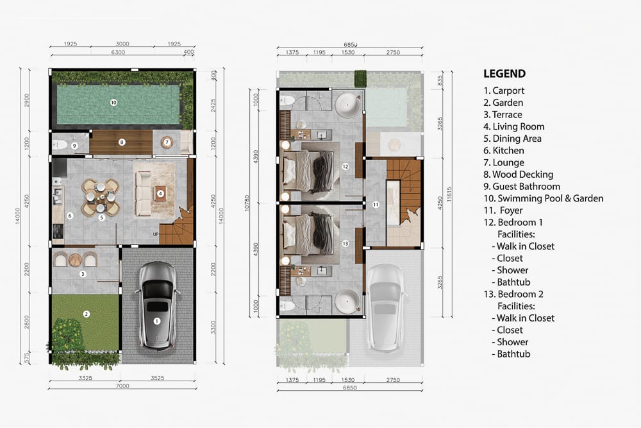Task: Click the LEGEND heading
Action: (x=504, y=74)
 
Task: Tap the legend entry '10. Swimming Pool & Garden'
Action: (x=543, y=198)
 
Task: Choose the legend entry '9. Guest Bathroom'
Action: (x=522, y=186)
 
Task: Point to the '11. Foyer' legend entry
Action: (x=504, y=210)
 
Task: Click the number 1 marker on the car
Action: (x=156, y=320)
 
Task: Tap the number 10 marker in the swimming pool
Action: (x=113, y=102)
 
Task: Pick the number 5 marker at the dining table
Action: (x=101, y=218)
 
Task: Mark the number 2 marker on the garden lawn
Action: (x=85, y=313)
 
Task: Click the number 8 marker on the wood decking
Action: (x=121, y=142)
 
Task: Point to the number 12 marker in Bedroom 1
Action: (x=345, y=167)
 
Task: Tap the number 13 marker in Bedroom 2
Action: (x=345, y=243)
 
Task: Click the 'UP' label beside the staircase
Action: (x=156, y=234)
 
